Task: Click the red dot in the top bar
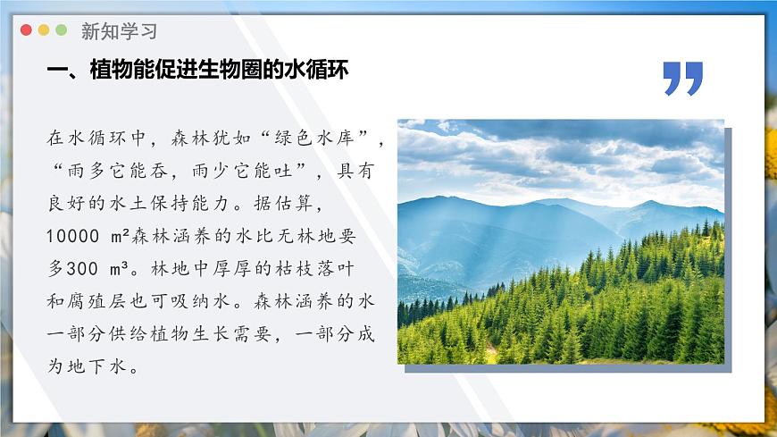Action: (x=26, y=30)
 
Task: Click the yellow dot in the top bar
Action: (x=44, y=30)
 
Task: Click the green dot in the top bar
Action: (x=62, y=30)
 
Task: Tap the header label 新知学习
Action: (x=119, y=31)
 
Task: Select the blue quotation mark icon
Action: (x=683, y=79)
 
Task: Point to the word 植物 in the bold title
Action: (x=111, y=71)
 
